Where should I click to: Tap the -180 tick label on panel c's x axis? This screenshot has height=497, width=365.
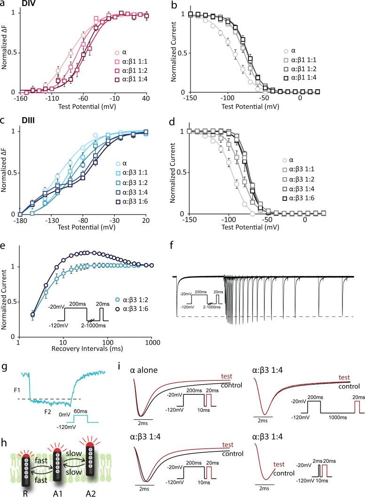(19, 221)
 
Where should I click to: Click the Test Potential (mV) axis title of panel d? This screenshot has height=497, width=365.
(267, 228)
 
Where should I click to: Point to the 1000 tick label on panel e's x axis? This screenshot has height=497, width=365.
(151, 343)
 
